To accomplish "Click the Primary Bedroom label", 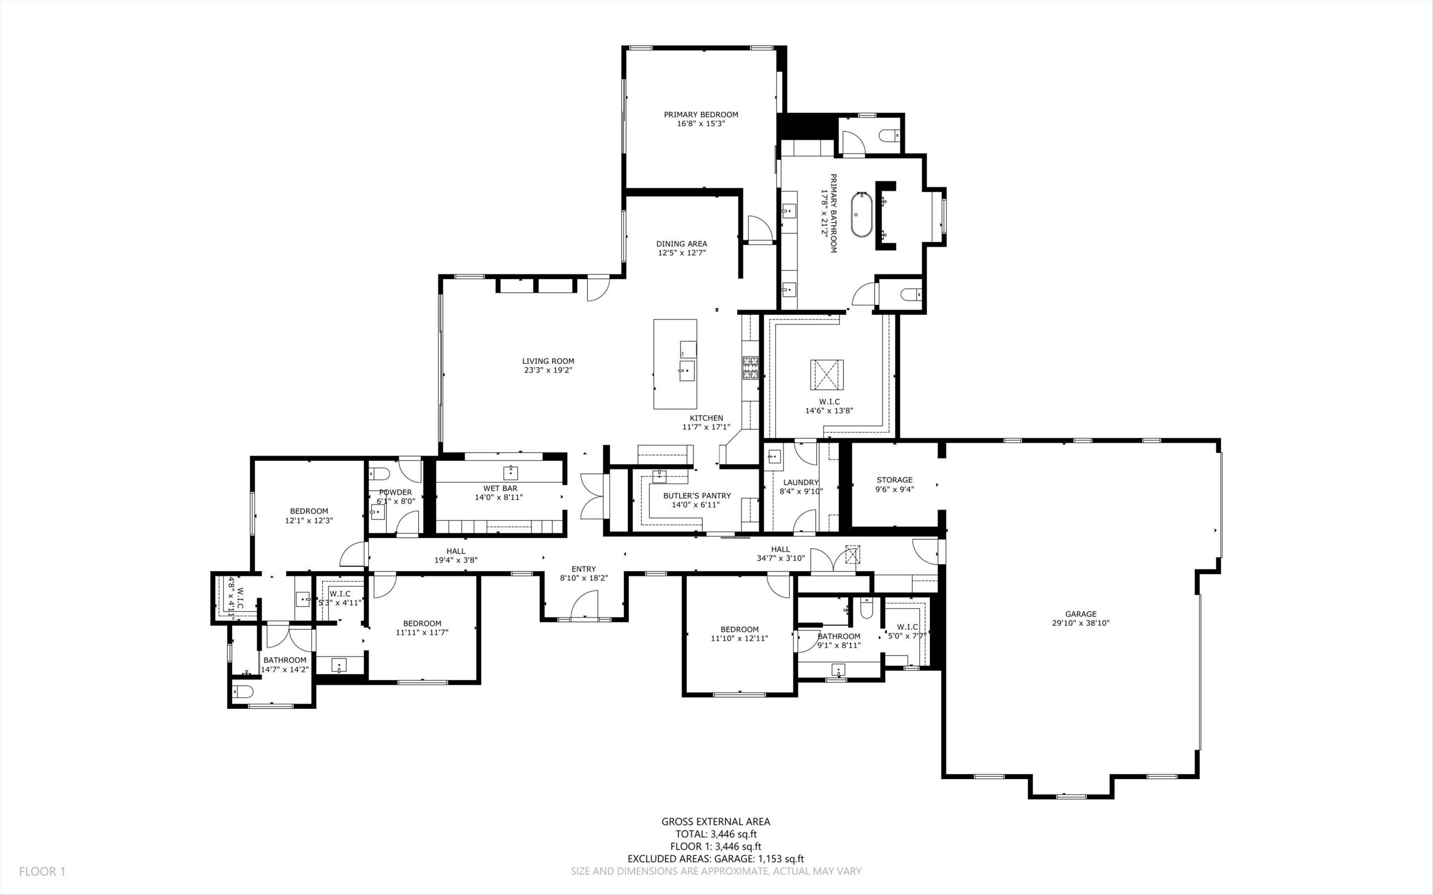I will click(701, 115).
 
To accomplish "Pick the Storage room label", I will click(894, 480).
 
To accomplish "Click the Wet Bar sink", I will click(510, 472).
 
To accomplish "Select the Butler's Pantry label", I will click(696, 495).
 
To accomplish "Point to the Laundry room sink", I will click(774, 457).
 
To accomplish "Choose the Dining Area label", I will click(681, 243).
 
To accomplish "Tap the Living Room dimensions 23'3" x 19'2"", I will click(548, 370).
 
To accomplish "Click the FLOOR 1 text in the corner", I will click(42, 871).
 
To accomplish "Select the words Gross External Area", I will click(716, 821).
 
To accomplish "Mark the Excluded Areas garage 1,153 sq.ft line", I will click(716, 859).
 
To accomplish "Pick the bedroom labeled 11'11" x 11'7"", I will click(422, 628).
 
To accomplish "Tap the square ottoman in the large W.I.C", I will click(827, 375).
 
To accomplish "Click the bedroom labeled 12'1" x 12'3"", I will click(309, 516).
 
